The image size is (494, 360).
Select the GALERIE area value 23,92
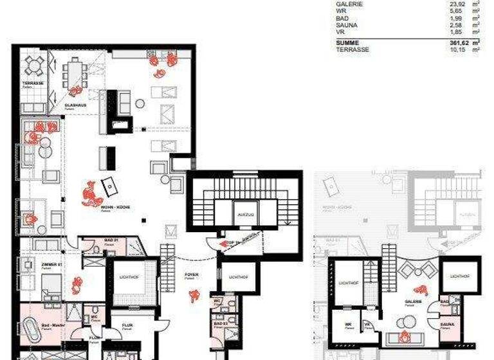[457, 4]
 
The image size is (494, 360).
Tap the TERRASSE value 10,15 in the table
[458, 50]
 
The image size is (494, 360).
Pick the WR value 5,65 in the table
[458, 11]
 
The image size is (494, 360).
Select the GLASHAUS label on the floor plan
[75, 105]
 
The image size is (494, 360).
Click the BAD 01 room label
[111, 241]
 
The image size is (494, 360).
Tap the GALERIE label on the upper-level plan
[413, 301]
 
